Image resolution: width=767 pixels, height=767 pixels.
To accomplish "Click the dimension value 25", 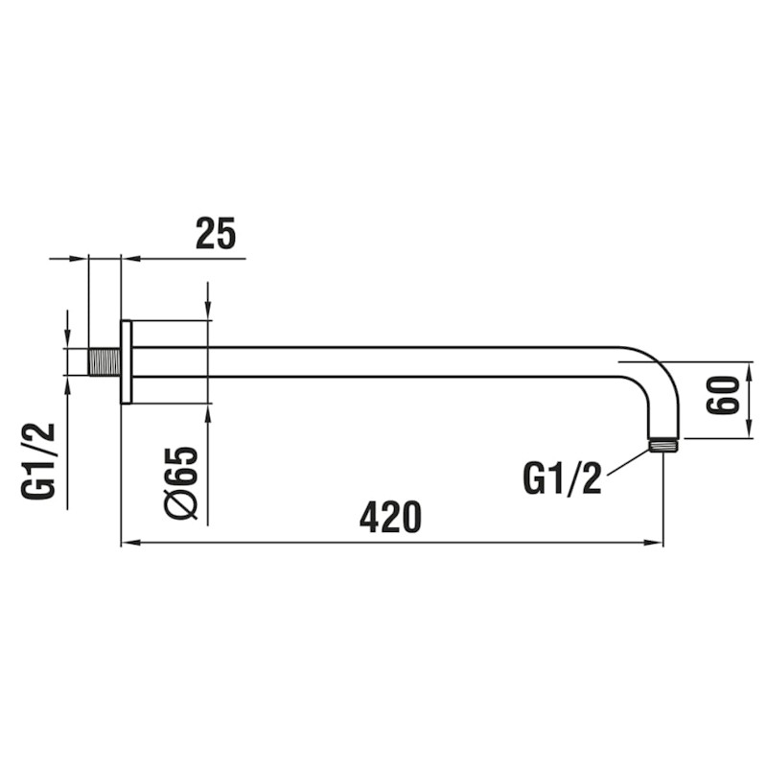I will [216, 233].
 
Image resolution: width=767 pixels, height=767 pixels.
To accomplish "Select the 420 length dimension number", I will [390, 518].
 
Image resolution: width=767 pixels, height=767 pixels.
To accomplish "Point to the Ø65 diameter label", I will [182, 482].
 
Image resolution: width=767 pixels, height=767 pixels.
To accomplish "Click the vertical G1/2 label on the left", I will [40, 461].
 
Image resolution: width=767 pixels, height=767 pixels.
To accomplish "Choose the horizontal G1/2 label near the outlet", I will [563, 478].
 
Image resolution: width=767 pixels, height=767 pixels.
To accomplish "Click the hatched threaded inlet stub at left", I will [104, 361].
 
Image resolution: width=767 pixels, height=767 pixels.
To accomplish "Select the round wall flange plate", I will [126, 361].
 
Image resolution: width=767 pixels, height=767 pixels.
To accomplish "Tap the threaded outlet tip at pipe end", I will [663, 445].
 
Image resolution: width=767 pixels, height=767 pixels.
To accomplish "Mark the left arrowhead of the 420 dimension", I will [128, 544].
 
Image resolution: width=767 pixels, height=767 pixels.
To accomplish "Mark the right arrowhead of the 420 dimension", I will [656, 544].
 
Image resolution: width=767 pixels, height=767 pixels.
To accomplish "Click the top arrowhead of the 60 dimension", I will [748, 369].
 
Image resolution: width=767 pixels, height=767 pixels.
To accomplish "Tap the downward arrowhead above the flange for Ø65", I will [208, 311].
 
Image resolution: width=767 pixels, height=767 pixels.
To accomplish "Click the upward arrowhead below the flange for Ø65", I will [208, 412].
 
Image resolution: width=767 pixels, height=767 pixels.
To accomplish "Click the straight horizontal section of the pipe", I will [383, 361].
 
